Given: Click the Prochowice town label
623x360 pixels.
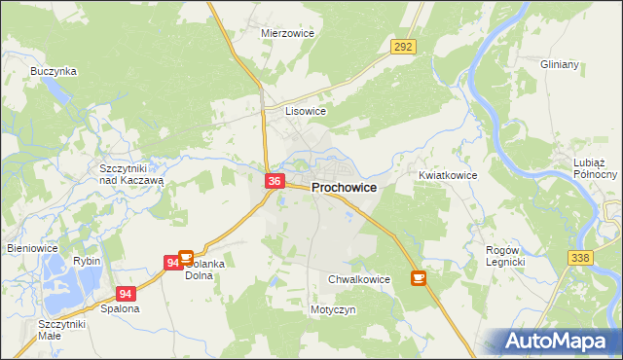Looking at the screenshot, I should (344, 188).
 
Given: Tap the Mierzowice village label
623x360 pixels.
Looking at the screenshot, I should (285, 32).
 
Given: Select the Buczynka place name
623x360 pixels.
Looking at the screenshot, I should (54, 71).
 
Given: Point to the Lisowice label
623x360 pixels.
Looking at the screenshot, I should (305, 111).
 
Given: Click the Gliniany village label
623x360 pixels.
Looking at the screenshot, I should (560, 64).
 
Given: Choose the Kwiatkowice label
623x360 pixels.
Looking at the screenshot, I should (448, 175).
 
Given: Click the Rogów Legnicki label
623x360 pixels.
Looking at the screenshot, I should (505, 256).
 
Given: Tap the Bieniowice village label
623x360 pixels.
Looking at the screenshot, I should (33, 248).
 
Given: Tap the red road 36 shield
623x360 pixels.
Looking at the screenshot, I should (275, 181).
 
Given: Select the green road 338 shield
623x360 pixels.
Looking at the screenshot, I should (581, 255).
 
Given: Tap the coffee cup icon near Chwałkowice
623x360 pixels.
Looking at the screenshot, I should (419, 278).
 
